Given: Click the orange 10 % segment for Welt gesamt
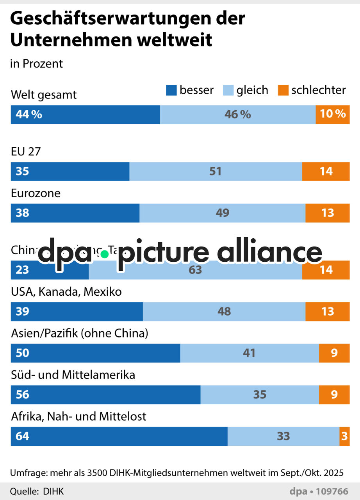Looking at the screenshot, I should [332, 114].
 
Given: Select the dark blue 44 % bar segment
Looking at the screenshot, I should [85, 114].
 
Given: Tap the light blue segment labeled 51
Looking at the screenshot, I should [215, 171].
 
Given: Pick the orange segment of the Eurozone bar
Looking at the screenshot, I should [327, 213].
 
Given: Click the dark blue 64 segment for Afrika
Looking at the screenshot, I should [119, 436].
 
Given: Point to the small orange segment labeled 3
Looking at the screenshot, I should [344, 436].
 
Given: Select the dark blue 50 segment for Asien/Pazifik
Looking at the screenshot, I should [95, 353].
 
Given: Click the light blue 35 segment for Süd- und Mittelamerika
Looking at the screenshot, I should [260, 395].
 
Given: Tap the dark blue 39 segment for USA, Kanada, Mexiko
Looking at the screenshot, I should [77, 311].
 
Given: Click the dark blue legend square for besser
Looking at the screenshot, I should [171, 91].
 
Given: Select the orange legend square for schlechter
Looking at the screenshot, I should [283, 91].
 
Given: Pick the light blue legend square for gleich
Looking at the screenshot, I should [228, 91].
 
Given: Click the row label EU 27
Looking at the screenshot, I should [26, 152].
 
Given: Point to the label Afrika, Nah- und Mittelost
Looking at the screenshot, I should [78, 416].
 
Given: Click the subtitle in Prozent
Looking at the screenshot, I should [36, 64].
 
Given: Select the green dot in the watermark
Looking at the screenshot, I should [104, 254].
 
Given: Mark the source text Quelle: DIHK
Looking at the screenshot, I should [37, 491].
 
